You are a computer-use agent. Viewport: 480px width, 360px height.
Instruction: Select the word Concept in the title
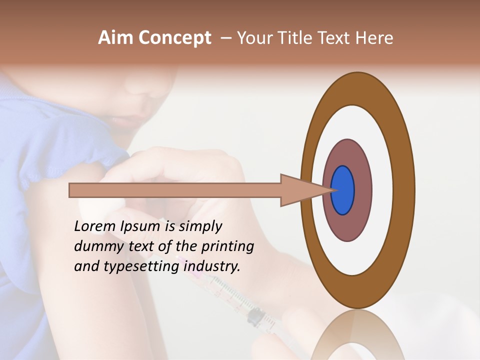pyautogui.click(x=174, y=38)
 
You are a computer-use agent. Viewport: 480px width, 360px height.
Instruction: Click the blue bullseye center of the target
pyautogui.click(x=342, y=190)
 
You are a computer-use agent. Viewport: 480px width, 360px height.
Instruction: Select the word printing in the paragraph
pyautogui.click(x=228, y=247)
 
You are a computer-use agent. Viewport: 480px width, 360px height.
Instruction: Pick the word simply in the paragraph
pyautogui.click(x=200, y=227)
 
